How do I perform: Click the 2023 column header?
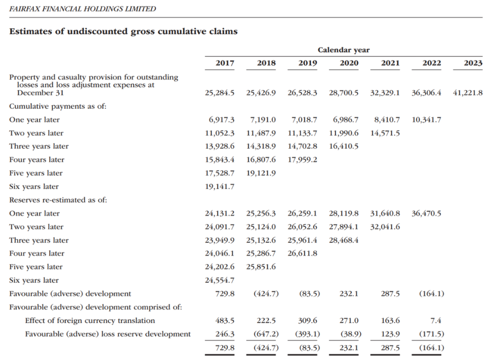[x=473, y=63]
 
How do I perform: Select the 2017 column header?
[x=225, y=63]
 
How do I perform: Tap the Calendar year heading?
[x=343, y=50]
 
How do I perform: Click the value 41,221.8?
[x=467, y=93]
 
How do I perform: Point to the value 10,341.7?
[x=426, y=120]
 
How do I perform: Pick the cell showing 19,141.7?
[x=220, y=187]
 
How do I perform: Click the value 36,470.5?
[x=426, y=213]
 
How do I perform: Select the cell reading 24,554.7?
[x=220, y=280]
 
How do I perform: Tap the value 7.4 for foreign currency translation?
[x=436, y=320]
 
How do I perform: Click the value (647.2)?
[x=266, y=334]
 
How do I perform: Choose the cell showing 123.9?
[x=390, y=334]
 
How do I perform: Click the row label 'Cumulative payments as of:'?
[x=58, y=107]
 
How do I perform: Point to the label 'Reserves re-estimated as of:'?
[x=58, y=200]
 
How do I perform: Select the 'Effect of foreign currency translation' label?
[x=90, y=320]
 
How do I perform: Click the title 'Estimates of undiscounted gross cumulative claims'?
[x=123, y=32]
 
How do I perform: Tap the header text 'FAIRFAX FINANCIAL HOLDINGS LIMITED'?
[x=82, y=9]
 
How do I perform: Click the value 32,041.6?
[x=385, y=227]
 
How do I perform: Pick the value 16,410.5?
[x=344, y=146]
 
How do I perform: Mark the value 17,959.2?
[x=302, y=160]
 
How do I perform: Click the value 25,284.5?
[x=220, y=93]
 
